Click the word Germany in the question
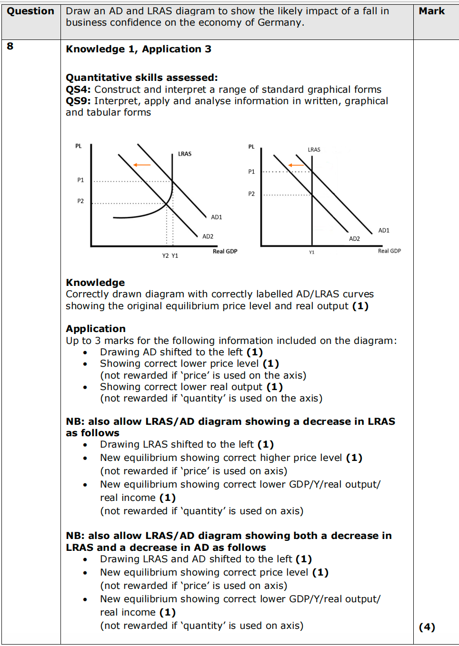click(280, 22)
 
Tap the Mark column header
click(431, 11)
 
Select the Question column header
click(30, 11)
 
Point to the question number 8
click(10, 46)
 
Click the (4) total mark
click(427, 627)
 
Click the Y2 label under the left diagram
click(165, 256)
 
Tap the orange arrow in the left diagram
click(141, 165)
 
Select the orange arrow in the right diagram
click(296, 165)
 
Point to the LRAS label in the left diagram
click(185, 154)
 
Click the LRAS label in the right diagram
click(314, 150)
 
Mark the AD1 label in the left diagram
click(217, 217)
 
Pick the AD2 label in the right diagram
click(354, 239)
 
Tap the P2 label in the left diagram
click(80, 201)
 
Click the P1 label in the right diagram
click(251, 172)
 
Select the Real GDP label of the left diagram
click(225, 251)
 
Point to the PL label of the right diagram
click(251, 147)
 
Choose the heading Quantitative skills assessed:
click(141, 78)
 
